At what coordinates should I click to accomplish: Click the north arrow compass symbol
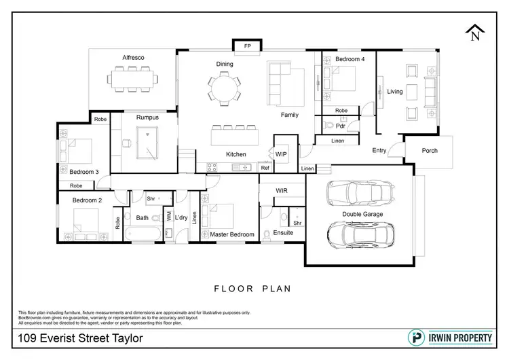pyautogui.click(x=475, y=33)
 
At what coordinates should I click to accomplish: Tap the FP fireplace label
pyautogui.click(x=247, y=46)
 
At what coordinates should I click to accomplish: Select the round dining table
pyautogui.click(x=225, y=89)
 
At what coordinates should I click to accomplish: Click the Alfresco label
pyautogui.click(x=133, y=58)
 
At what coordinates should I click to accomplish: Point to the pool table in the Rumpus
pyautogui.click(x=147, y=143)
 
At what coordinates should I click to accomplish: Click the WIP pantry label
pyautogui.click(x=281, y=154)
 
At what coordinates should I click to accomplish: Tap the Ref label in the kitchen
pyautogui.click(x=265, y=168)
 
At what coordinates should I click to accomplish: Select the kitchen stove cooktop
pyautogui.click(x=212, y=167)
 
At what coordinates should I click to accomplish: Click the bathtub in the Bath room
pyautogui.click(x=143, y=234)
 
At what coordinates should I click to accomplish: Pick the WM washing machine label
pyautogui.click(x=169, y=216)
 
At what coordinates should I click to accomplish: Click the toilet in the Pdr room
pyautogui.click(x=328, y=125)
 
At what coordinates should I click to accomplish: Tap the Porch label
pyautogui.click(x=430, y=150)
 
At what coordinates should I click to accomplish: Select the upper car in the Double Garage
pyautogui.click(x=360, y=193)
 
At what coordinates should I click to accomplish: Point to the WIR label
pyautogui.click(x=282, y=191)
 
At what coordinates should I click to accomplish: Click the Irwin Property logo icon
pyautogui.click(x=416, y=338)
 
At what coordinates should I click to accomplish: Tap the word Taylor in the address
pyautogui.click(x=128, y=338)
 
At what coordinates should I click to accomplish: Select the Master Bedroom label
pyautogui.click(x=232, y=234)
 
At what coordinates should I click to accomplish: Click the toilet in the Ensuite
pyautogui.click(x=267, y=235)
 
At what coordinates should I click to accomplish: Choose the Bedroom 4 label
pyautogui.click(x=350, y=59)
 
